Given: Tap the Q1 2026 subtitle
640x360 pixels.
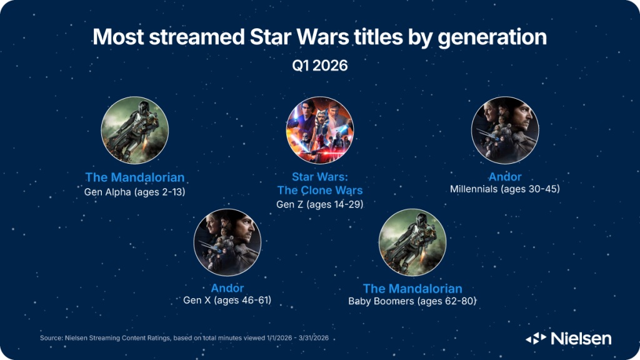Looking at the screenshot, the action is click(x=320, y=66).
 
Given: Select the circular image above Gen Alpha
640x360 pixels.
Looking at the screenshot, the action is click(x=135, y=130).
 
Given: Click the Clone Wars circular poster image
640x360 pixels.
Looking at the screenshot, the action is click(x=320, y=130).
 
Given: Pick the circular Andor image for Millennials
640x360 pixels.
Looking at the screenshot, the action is click(x=505, y=130).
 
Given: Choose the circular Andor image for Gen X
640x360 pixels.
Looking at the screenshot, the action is click(x=227, y=242).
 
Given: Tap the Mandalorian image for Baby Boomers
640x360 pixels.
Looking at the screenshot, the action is click(x=412, y=242).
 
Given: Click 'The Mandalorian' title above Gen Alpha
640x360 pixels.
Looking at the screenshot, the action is click(x=135, y=177).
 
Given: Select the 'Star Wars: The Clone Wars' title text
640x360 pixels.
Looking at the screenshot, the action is click(x=320, y=184).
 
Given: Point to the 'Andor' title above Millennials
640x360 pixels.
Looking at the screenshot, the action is click(x=505, y=177).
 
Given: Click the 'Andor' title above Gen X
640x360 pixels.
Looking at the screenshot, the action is click(x=227, y=288).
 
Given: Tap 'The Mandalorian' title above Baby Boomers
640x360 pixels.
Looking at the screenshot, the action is click(x=412, y=289).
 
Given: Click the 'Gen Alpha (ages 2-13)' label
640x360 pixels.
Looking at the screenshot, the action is click(x=135, y=192).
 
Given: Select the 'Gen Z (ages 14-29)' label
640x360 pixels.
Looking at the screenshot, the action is click(x=319, y=204).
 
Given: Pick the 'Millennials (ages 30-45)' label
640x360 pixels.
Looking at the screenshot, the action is click(x=505, y=189).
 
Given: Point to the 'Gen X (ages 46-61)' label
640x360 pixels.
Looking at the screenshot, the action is click(x=227, y=301).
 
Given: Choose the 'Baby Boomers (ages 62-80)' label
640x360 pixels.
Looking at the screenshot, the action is click(x=412, y=301).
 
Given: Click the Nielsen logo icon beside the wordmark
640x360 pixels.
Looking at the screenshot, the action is click(x=536, y=338).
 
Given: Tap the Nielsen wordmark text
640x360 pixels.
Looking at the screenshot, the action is click(x=581, y=338).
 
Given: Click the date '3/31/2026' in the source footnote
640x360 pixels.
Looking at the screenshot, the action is click(x=314, y=338).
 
